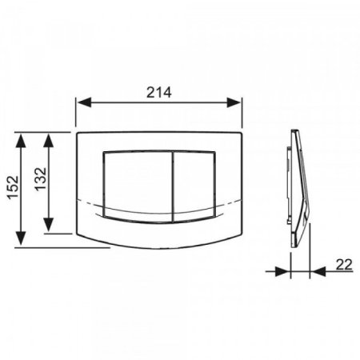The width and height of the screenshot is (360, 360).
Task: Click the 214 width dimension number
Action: pyautogui.click(x=159, y=93)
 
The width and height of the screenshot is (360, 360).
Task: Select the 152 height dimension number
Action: pyautogui.click(x=13, y=187)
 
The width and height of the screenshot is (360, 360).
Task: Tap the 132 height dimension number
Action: pyautogui.click(x=41, y=179)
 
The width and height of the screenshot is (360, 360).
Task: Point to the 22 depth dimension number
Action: pyautogui.click(x=344, y=265)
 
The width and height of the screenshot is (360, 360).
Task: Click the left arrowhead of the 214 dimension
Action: pyautogui.click(x=85, y=102)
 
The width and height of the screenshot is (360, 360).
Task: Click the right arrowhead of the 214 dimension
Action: pyautogui.click(x=234, y=102)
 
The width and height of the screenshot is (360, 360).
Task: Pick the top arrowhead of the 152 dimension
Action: pyautogui.click(x=21, y=141)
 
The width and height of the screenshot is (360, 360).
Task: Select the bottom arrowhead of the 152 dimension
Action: pyautogui.click(x=21, y=238)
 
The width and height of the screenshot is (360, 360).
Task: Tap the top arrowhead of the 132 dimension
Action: pyautogui.click(x=48, y=141)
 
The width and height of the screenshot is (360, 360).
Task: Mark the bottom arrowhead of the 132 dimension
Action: pyautogui.click(x=48, y=225)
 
